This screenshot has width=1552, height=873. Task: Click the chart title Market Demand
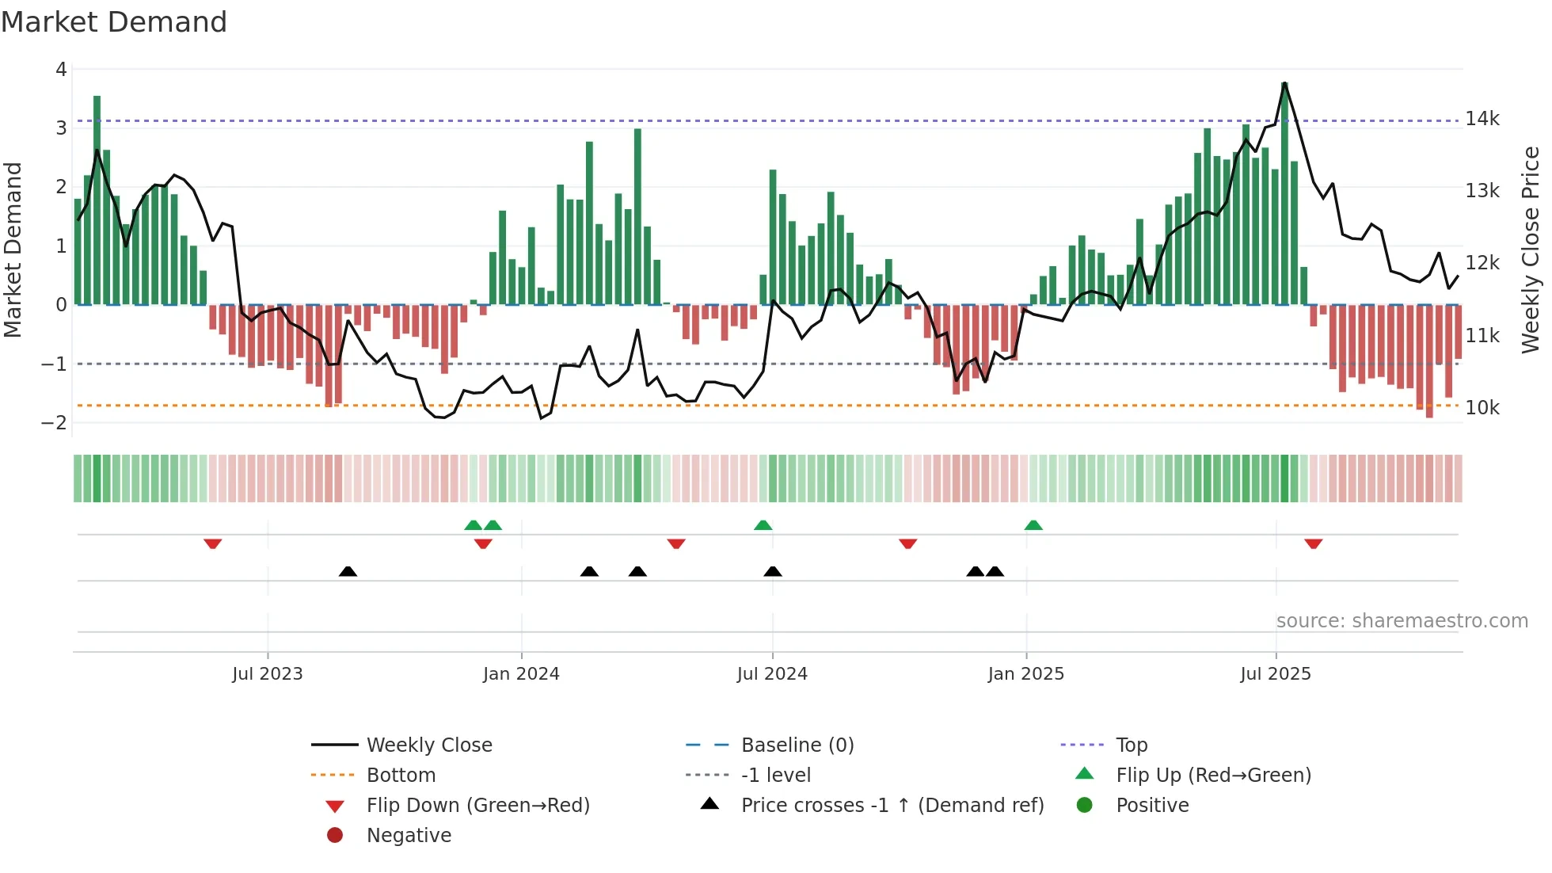click(114, 22)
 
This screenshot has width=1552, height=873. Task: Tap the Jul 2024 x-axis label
click(772, 674)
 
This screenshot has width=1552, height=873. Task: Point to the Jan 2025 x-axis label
click(1025, 674)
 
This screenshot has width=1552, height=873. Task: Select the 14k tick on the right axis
click(1482, 119)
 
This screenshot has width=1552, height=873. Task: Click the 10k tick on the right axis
click(1482, 408)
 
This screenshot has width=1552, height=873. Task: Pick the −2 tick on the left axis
click(54, 423)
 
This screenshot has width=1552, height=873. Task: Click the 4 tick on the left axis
click(61, 70)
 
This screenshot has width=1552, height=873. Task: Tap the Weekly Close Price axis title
click(1531, 250)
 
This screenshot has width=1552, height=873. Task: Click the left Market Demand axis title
click(13, 250)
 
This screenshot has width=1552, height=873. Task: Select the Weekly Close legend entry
click(428, 745)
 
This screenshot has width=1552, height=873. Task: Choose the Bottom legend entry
click(401, 776)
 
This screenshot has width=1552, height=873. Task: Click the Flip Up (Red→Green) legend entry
click(1213, 776)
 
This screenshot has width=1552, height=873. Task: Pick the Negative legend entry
click(409, 836)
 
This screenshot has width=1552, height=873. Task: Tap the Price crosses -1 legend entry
click(892, 806)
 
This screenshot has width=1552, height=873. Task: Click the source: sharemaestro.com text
click(1402, 621)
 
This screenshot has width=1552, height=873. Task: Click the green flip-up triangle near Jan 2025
click(1033, 525)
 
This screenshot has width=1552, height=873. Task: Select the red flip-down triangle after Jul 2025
click(1314, 543)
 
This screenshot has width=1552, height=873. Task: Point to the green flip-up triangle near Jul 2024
click(763, 525)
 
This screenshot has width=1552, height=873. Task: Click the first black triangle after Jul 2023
click(348, 571)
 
